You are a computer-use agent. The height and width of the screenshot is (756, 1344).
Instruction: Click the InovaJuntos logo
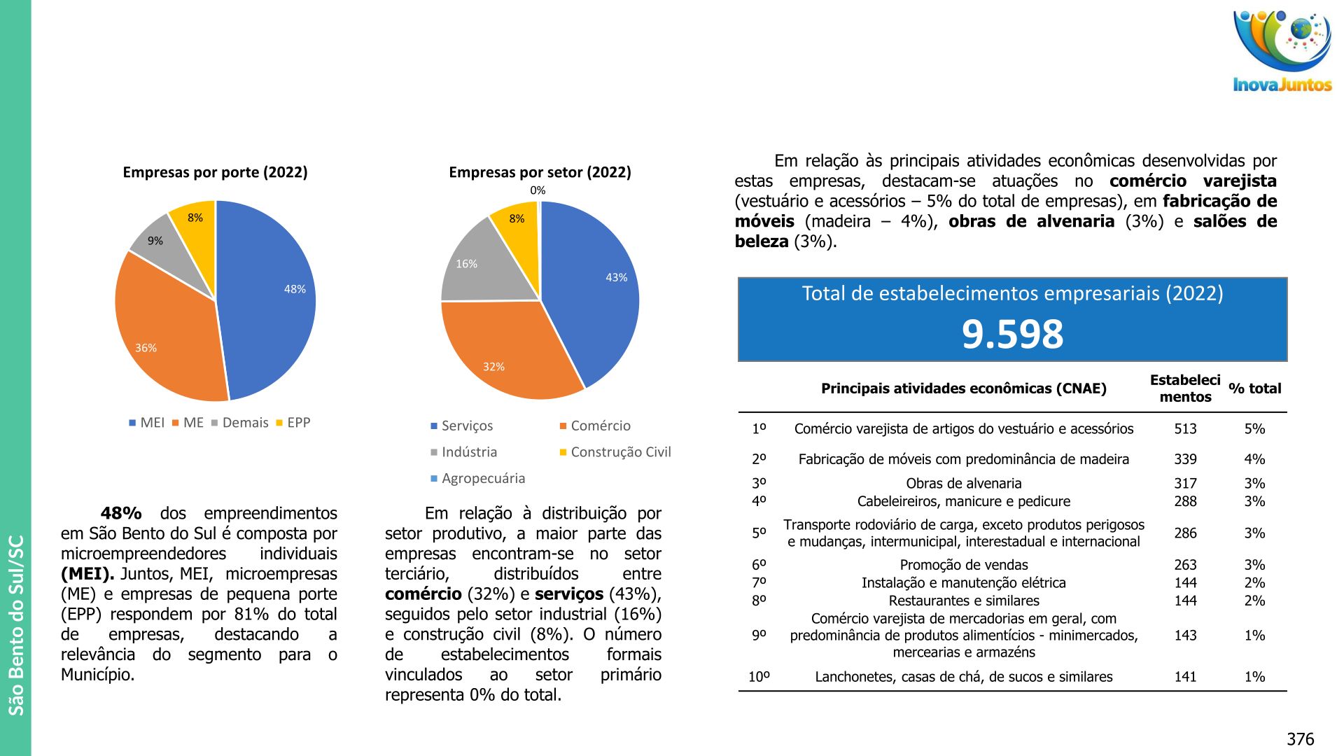(1282, 52)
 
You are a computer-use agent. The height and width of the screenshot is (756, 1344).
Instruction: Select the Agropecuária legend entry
(478, 479)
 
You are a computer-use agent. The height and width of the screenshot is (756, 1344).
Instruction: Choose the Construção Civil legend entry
(615, 452)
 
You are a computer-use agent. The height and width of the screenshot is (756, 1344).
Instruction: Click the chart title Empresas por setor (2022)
(540, 172)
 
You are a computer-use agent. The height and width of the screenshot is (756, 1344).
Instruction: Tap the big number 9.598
(1012, 334)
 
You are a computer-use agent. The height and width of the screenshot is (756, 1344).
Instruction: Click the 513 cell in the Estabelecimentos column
(1185, 429)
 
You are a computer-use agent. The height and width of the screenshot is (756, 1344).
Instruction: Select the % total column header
(1254, 388)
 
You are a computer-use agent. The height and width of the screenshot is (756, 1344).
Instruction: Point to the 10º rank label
(759, 677)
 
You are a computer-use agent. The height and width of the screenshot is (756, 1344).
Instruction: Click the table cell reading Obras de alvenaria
(963, 484)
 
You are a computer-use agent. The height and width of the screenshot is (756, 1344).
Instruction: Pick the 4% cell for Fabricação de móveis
(1254, 460)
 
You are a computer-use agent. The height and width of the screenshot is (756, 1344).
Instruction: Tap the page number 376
(1300, 739)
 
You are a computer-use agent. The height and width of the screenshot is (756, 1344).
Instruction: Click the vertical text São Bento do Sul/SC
(16, 625)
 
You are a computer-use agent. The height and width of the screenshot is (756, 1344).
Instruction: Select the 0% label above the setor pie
(538, 190)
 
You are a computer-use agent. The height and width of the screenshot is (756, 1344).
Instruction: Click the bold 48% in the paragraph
(121, 513)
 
